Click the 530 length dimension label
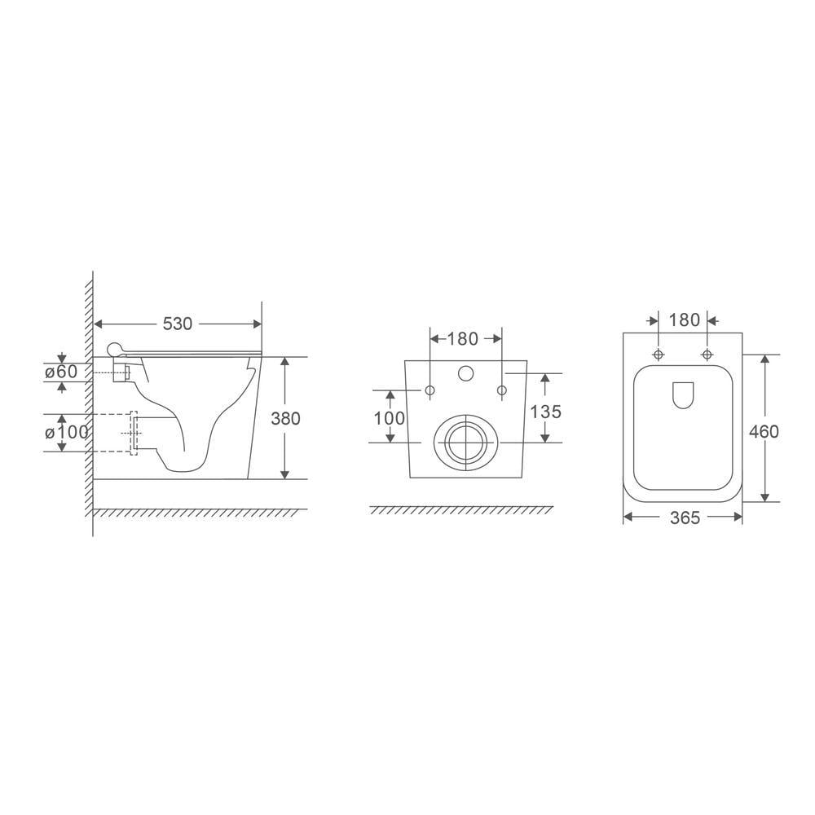point(177,324)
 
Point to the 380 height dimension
point(286,418)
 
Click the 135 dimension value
point(545,412)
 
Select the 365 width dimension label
point(683,518)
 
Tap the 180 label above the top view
point(683,320)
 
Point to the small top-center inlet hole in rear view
point(465,373)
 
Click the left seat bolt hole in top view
point(658,354)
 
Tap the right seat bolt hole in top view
point(707,354)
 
